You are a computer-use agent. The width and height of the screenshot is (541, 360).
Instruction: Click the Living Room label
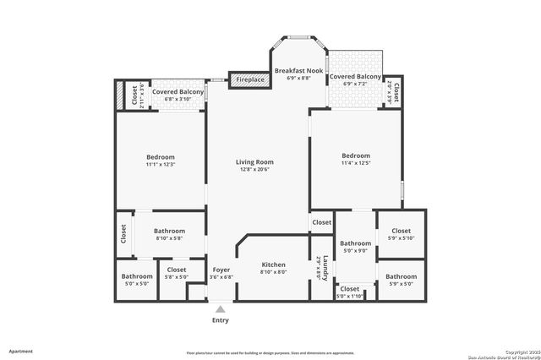255,162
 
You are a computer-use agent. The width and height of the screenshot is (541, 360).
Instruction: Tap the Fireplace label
251,80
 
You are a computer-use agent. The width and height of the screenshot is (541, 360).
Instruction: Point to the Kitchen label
273,265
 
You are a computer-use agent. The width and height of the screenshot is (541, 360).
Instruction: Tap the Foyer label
220,270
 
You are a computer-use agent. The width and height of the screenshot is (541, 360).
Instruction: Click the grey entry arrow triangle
220,309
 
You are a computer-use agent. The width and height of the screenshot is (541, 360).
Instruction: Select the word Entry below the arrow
220,320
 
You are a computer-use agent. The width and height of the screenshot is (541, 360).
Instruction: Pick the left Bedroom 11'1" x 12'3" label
161,157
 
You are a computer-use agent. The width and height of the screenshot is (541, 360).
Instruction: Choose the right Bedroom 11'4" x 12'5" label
356,155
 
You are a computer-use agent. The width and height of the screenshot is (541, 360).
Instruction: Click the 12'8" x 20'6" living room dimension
255,171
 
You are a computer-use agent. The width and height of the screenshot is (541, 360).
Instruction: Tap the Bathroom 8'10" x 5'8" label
171,231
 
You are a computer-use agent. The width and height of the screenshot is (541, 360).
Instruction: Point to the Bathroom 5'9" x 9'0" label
355,243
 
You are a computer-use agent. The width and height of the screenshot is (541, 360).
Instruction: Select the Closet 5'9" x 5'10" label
401,231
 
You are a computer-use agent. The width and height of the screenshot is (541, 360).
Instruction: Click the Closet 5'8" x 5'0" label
176,270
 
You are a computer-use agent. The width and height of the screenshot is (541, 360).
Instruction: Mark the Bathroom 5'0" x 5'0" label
137,276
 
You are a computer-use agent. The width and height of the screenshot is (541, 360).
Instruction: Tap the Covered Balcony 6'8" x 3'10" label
178,91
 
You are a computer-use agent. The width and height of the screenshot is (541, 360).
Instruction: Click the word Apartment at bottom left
21,351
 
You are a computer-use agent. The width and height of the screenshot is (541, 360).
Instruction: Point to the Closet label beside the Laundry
321,223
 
